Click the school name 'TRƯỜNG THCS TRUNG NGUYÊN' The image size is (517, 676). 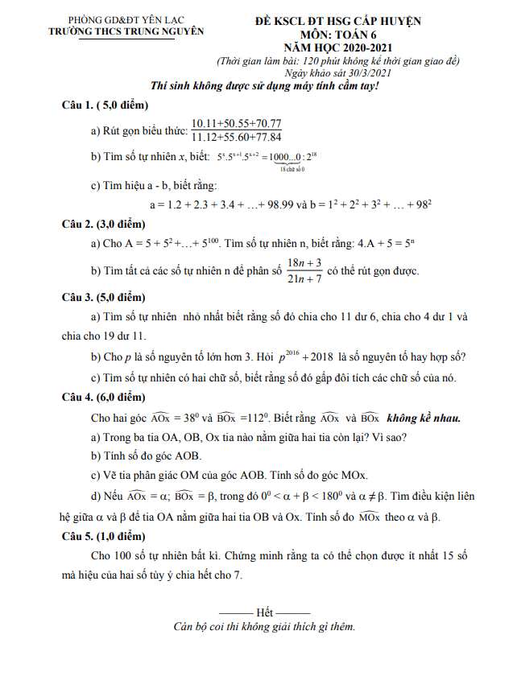pos(126,32)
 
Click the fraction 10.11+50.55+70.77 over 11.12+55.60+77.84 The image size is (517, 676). pos(236,130)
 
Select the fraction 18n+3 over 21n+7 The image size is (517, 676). pos(304,270)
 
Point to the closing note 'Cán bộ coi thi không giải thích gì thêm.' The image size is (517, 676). pos(264,627)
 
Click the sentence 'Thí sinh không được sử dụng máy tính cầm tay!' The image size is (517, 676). pos(265,86)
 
